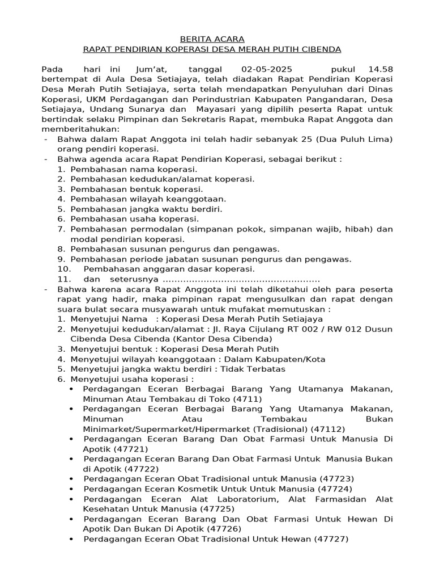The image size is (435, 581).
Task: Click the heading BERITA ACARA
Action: click(x=212, y=39)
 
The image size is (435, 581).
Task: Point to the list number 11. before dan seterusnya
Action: click(x=65, y=279)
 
